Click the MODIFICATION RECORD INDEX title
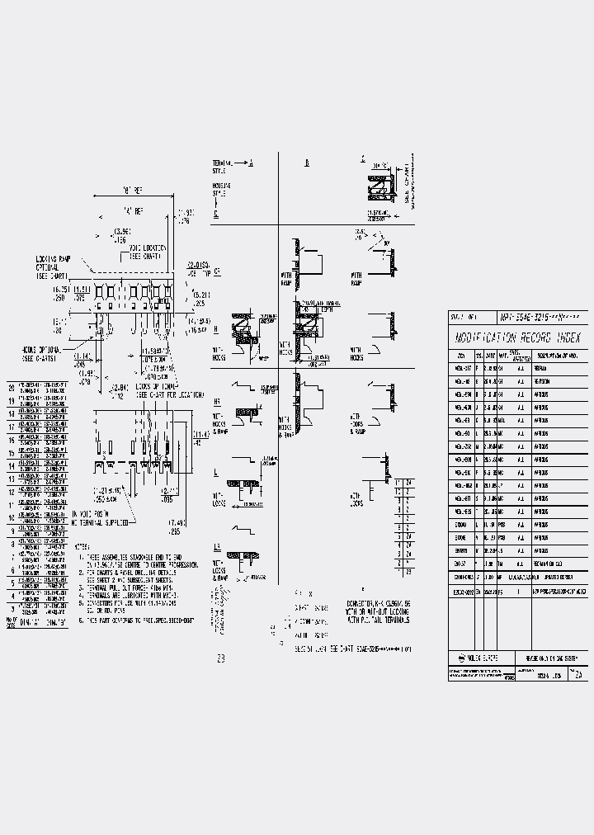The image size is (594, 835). point(518,338)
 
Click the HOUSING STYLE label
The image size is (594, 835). point(221,190)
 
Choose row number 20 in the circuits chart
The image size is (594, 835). point(12,387)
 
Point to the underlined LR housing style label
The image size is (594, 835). point(217,547)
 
